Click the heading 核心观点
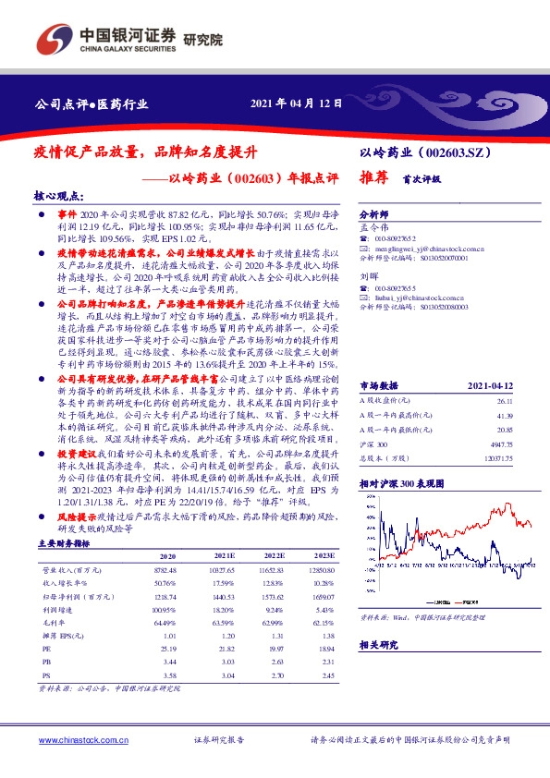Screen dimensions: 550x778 (x=58, y=198)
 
